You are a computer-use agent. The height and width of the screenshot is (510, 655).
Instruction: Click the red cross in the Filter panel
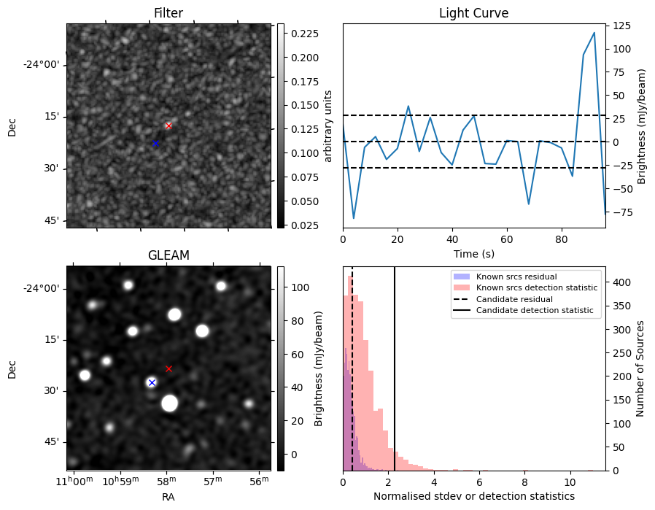click(168, 125)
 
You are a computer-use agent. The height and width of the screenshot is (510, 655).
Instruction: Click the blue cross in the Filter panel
click(155, 143)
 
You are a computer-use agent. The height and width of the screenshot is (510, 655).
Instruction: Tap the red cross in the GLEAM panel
click(168, 368)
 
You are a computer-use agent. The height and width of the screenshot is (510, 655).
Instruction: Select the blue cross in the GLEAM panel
click(152, 382)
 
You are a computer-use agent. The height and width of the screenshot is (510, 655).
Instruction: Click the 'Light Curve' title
click(473, 13)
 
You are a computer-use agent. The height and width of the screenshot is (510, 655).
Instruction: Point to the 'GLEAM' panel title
click(168, 255)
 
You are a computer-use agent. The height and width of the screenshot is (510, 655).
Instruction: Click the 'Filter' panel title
click(168, 13)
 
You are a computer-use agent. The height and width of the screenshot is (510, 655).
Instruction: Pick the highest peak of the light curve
click(594, 33)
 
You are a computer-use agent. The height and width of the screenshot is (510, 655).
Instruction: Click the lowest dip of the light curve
click(354, 218)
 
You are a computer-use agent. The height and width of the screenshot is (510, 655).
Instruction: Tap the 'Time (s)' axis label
click(473, 252)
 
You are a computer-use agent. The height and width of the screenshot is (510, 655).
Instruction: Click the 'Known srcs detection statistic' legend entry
click(536, 287)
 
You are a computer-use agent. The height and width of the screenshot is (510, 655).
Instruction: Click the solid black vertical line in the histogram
click(395, 365)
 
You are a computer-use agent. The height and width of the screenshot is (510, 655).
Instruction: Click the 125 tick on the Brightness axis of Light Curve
click(621, 26)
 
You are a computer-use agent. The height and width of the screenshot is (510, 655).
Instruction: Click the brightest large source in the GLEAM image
click(170, 403)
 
